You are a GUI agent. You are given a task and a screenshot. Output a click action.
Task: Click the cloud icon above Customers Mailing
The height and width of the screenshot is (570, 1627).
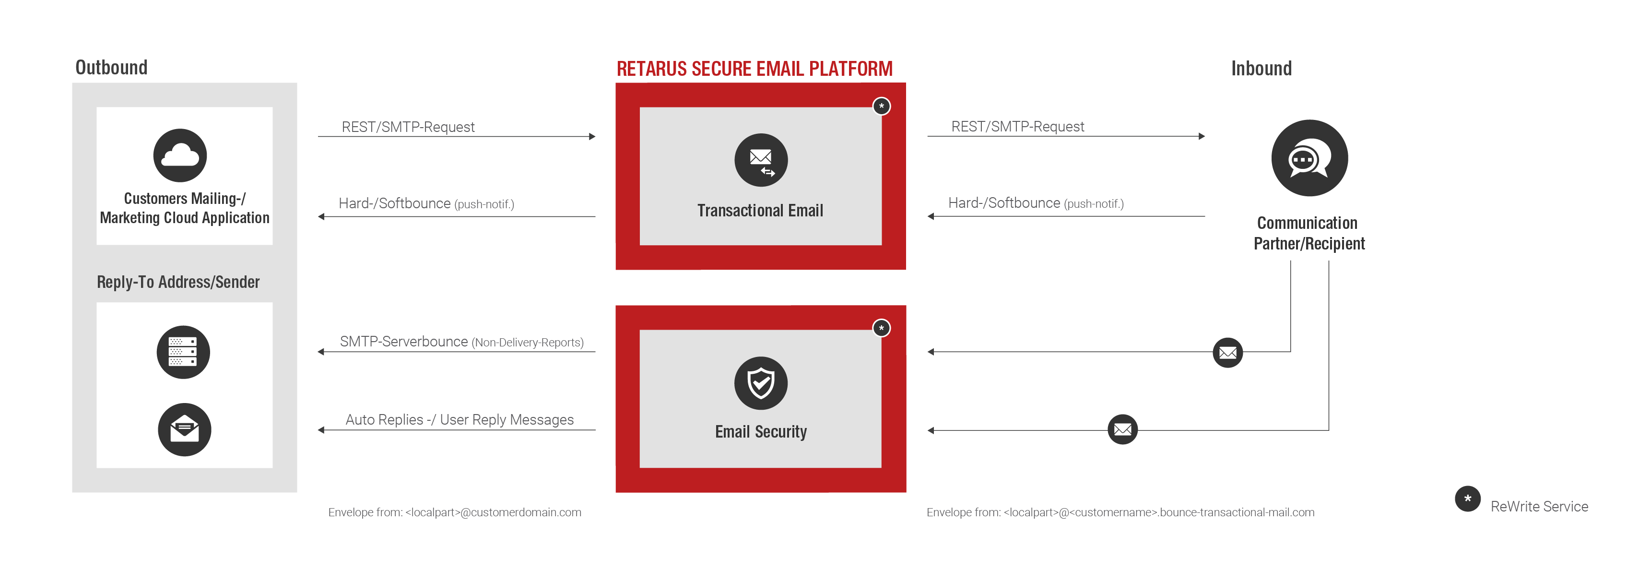[x=180, y=155]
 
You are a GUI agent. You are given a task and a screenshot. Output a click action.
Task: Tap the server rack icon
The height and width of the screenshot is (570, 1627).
[x=183, y=352]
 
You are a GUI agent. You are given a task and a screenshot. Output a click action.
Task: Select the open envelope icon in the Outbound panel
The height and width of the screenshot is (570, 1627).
[x=184, y=430]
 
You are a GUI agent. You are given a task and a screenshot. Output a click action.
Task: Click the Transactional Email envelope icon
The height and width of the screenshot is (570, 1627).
[x=761, y=160]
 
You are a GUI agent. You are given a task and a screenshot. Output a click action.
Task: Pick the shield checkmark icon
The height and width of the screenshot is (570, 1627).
[x=761, y=383]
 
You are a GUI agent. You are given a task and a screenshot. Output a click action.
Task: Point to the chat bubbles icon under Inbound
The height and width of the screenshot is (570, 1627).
[x=1309, y=158]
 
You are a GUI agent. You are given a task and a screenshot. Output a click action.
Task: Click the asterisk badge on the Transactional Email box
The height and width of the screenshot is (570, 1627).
[x=882, y=106]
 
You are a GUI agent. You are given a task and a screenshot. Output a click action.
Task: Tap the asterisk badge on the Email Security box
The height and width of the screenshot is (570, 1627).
[x=882, y=328]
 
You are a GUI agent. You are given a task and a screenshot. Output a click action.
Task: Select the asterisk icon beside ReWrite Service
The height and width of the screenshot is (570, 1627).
[x=1468, y=499]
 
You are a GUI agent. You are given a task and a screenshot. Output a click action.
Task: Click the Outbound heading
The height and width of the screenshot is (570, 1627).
[x=111, y=68]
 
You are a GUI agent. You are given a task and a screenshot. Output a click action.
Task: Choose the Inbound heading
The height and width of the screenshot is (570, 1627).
[x=1262, y=68]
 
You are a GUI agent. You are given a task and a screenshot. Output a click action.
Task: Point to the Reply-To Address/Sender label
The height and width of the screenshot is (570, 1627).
[x=178, y=282]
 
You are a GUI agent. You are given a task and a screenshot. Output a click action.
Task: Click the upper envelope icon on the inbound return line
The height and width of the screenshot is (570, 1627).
[x=1228, y=352]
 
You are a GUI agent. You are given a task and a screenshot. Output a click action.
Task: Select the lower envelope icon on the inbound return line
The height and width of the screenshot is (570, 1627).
[x=1122, y=430]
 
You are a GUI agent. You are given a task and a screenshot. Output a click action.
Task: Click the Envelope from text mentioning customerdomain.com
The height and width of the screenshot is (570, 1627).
[x=455, y=512]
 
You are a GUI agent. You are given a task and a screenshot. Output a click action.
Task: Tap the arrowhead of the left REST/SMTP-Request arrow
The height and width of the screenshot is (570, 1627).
[x=592, y=136]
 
